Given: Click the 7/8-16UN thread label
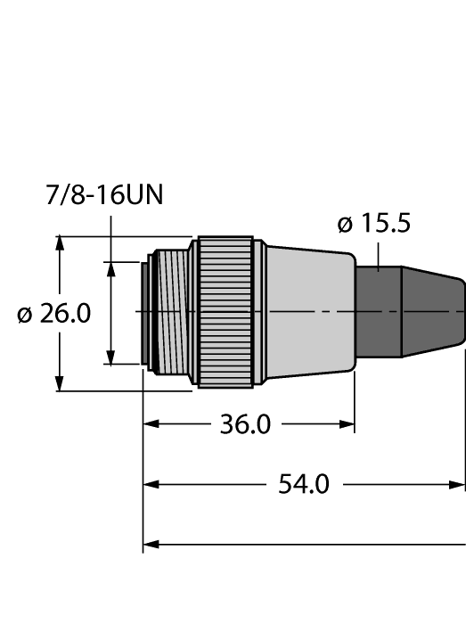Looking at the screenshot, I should tap(104, 195).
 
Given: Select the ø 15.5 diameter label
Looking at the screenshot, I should tap(374, 224).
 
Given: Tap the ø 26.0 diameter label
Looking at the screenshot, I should tap(54, 315).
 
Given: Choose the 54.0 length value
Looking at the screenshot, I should tap(304, 485).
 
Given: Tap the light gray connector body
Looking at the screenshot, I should tap(307, 311).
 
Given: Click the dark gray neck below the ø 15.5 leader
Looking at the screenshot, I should tap(378, 312).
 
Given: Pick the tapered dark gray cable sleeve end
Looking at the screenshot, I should tap(433, 312).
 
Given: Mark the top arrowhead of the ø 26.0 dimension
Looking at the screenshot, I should tap(60, 243).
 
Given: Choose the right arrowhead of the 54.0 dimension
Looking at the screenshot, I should tap(458, 485).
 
